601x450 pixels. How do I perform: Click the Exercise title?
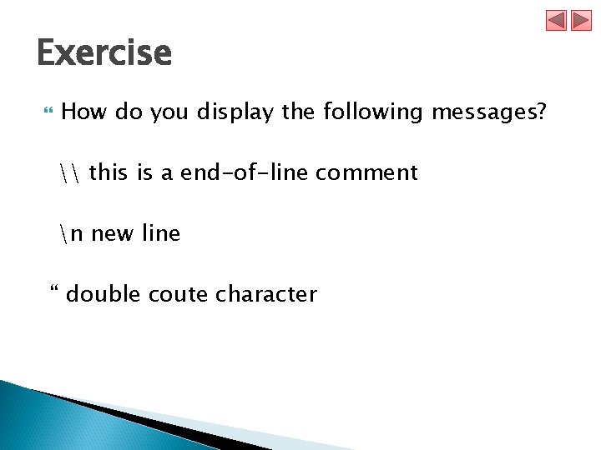104,54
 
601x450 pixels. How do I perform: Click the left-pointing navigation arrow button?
557,20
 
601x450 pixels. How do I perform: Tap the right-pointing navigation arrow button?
581,20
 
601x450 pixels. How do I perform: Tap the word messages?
488,112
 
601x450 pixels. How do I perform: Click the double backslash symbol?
72,172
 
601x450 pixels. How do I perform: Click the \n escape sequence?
73,233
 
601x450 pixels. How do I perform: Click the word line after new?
161,233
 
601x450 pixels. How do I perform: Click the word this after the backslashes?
109,172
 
